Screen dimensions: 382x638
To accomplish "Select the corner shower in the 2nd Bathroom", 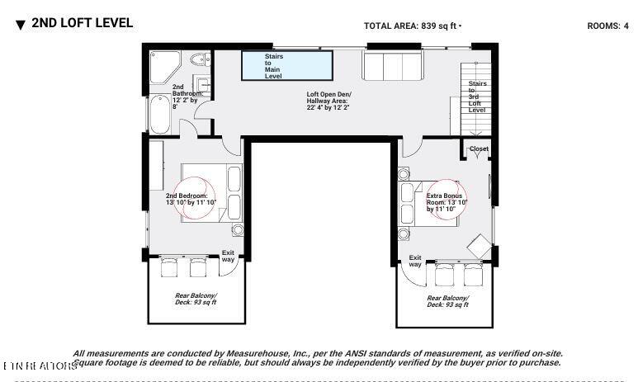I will point(163,65).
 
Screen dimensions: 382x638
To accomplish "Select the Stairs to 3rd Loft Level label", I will point(477,97).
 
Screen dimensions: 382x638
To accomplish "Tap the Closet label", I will point(479,149).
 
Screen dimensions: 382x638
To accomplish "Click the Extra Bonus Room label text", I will point(447,202).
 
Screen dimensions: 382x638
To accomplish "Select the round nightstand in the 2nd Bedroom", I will point(238,230).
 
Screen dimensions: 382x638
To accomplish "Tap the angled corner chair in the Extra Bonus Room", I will point(479,246).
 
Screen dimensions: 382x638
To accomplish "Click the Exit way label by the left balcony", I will point(228,257).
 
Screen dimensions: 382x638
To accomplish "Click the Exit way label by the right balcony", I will point(415,261).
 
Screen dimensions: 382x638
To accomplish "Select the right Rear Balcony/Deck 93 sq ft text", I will point(447,301).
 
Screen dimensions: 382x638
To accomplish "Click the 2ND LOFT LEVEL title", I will point(81,23).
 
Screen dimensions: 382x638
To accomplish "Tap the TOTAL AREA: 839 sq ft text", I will point(412,26).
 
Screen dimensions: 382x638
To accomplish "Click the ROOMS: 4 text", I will point(607,26).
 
